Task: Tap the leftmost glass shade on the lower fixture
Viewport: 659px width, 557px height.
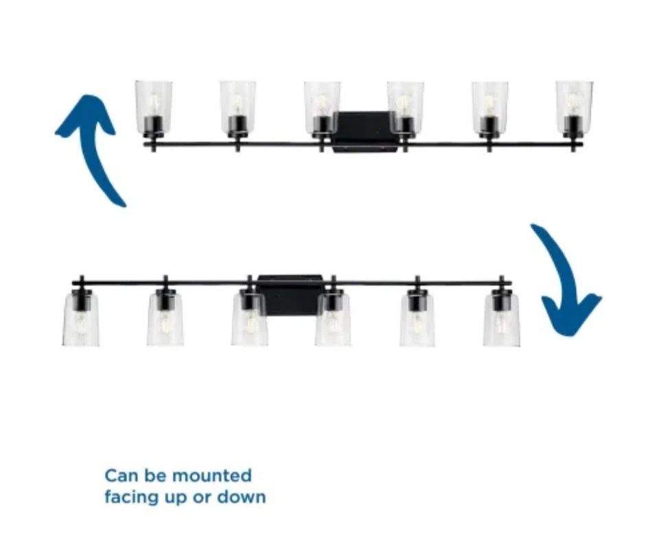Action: pyautogui.click(x=81, y=320)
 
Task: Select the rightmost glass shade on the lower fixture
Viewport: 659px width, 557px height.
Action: pyautogui.click(x=501, y=320)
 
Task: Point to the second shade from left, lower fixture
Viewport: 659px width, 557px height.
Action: pyautogui.click(x=165, y=320)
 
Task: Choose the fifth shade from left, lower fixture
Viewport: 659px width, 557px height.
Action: pyautogui.click(x=417, y=320)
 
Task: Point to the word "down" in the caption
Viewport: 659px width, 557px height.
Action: pyautogui.click(x=241, y=497)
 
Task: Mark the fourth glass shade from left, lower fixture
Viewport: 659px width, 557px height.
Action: pyautogui.click(x=333, y=320)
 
